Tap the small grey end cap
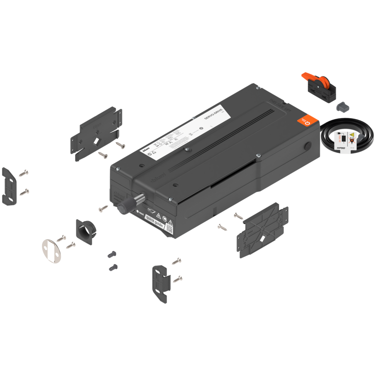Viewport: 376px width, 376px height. coord(342,106)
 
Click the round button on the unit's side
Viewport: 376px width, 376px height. coord(308,146)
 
